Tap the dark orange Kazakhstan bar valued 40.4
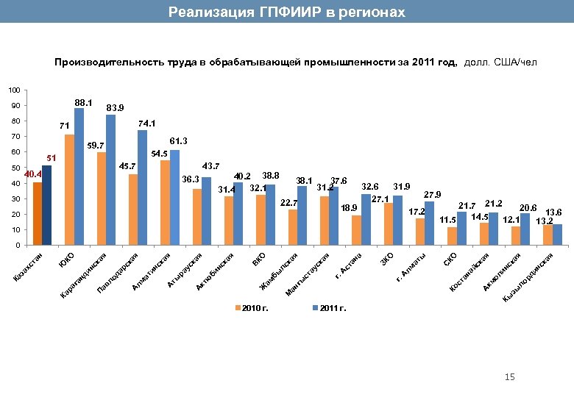[x=38, y=213]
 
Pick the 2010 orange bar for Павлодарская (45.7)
[x=133, y=210]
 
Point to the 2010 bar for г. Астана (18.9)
[x=356, y=230]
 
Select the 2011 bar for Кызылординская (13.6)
[x=557, y=235]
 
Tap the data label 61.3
[x=179, y=140]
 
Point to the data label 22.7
[x=289, y=202]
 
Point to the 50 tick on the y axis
[x=15, y=168]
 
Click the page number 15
[x=510, y=377]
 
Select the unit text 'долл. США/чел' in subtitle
[x=500, y=63]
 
